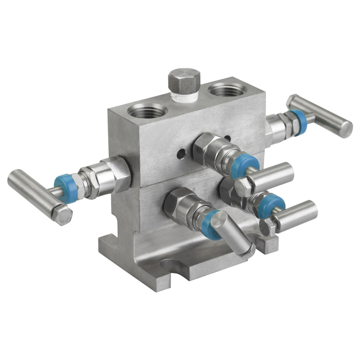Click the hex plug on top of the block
click(x=184, y=80)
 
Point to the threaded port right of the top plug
click(x=227, y=89)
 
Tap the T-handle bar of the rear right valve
click(x=320, y=116)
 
